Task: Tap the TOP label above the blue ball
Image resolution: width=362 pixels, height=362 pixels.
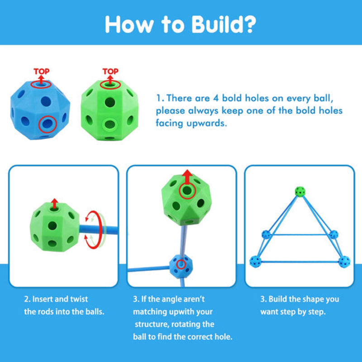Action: [42, 71]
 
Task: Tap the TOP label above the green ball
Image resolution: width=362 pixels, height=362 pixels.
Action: [110, 71]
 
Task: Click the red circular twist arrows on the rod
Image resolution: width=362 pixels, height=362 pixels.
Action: [94, 229]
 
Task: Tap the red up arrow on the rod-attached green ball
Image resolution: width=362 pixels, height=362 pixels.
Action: [55, 203]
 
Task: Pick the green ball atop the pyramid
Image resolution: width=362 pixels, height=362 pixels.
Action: [299, 191]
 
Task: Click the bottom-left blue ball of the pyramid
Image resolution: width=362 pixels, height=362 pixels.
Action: [256, 261]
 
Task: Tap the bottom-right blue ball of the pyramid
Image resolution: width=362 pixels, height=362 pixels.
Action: [345, 261]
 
